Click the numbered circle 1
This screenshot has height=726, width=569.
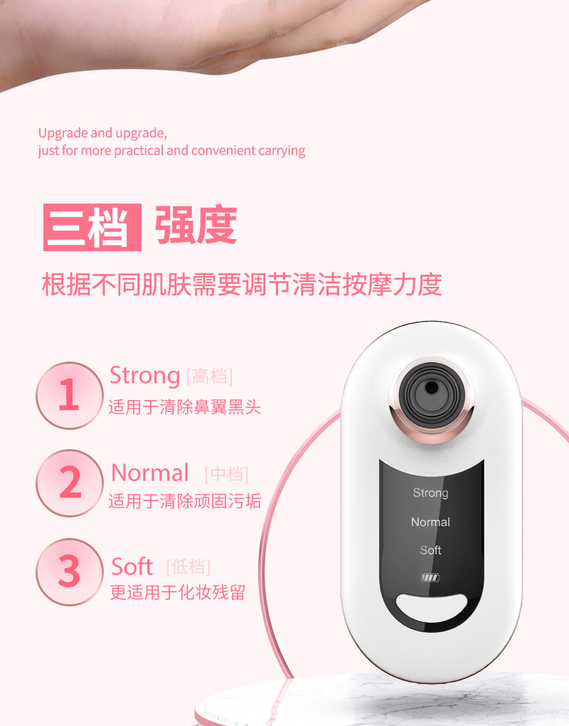(x=69, y=395)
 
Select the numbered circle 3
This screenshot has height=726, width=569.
(x=69, y=572)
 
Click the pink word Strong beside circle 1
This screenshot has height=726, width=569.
(x=144, y=375)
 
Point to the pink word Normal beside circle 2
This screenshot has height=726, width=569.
(x=150, y=473)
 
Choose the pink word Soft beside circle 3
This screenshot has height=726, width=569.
(x=132, y=567)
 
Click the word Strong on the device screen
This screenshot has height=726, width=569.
(x=430, y=493)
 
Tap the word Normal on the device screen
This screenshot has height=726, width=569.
(x=430, y=522)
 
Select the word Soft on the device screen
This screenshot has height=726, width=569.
(x=430, y=550)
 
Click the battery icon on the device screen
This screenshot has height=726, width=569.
(x=430, y=577)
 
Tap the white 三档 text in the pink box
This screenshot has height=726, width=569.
(x=92, y=227)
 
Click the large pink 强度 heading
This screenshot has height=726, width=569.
(x=196, y=226)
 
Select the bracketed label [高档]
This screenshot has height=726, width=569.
(x=209, y=376)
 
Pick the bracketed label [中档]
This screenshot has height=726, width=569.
(x=226, y=474)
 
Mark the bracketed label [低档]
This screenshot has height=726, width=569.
(x=188, y=567)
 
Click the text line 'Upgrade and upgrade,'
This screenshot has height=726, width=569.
(x=102, y=133)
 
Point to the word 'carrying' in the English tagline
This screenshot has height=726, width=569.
(x=282, y=151)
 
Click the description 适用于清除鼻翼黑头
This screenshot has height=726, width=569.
(x=185, y=408)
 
